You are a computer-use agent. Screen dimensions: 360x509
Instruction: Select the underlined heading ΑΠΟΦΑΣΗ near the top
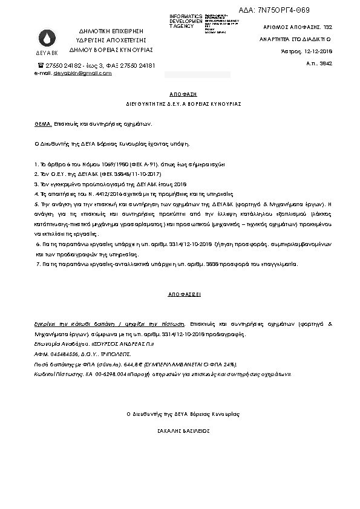(180, 95)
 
